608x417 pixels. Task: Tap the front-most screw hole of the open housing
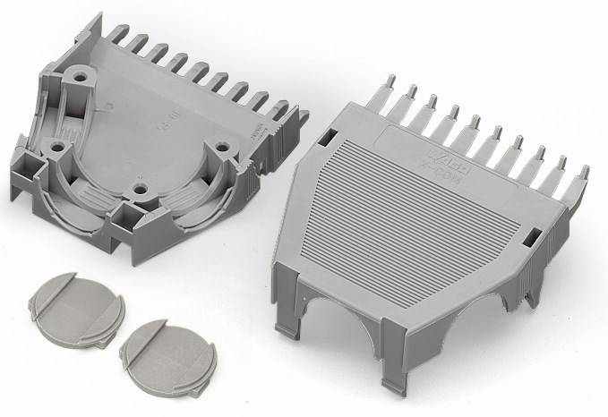[x=139, y=189]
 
